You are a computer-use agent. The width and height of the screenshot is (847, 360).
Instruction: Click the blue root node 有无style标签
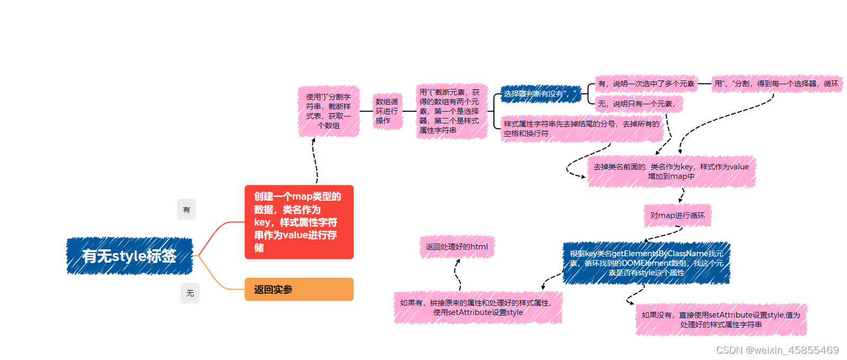(129, 256)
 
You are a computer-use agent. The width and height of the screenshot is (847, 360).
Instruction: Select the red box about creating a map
(299, 222)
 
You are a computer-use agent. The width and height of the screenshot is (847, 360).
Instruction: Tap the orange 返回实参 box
(299, 289)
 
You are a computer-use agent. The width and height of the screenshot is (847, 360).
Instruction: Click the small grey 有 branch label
(186, 210)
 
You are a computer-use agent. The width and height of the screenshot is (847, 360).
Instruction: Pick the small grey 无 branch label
(190, 293)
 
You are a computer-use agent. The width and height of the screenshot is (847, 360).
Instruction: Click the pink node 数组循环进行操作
(387, 111)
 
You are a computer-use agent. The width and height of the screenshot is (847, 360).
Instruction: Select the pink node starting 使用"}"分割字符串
(329, 111)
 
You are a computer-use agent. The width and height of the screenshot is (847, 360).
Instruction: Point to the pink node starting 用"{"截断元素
(451, 111)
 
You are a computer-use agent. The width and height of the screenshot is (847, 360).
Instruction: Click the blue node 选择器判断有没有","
(540, 94)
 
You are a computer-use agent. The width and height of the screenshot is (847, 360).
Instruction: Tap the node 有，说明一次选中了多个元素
(646, 84)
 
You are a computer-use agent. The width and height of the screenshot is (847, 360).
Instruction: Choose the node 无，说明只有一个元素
(638, 104)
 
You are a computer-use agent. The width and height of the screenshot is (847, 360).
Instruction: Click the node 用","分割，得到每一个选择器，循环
(776, 84)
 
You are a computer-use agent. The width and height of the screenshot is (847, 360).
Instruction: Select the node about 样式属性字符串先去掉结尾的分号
(581, 129)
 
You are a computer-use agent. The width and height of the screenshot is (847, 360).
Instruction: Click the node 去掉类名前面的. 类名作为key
(671, 172)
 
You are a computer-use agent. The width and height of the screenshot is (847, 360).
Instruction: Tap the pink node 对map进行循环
(678, 215)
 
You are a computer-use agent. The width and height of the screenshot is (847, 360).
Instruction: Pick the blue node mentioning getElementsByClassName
(646, 263)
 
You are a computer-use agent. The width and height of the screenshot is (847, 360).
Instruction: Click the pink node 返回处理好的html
(457, 247)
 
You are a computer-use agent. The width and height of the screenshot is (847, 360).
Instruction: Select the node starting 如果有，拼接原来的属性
(477, 308)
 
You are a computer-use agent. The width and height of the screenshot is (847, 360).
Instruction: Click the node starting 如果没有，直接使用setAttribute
(721, 320)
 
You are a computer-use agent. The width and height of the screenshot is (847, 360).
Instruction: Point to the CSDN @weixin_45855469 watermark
(777, 350)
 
